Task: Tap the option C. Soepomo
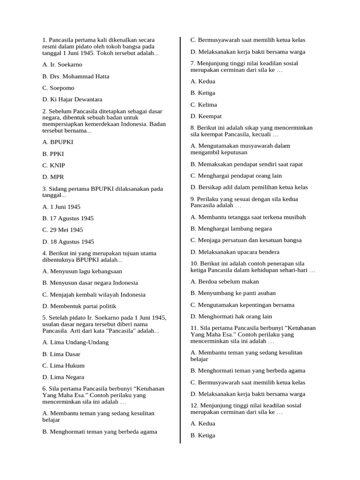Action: (x=58, y=88)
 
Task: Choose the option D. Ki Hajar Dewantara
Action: (x=72, y=100)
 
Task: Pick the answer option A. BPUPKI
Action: (x=58, y=142)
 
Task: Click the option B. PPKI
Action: (x=53, y=154)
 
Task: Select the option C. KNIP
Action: (x=53, y=165)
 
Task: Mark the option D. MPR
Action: (x=53, y=177)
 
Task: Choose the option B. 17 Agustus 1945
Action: (x=68, y=218)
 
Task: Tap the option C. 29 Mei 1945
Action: (x=62, y=230)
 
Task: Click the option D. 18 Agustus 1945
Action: (x=68, y=242)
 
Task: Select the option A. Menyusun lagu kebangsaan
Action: (x=82, y=271)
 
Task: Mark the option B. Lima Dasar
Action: (x=62, y=354)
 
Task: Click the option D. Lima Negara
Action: (x=63, y=377)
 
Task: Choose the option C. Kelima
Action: (x=204, y=105)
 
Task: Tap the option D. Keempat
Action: (x=206, y=116)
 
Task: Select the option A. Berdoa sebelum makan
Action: (x=225, y=282)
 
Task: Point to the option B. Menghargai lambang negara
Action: (x=231, y=229)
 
